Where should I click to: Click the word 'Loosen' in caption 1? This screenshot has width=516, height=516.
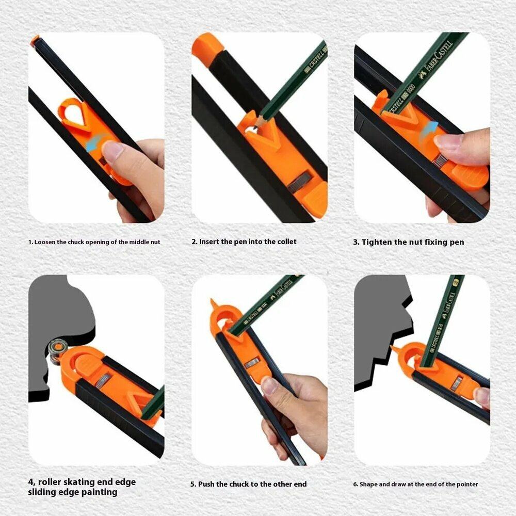45,242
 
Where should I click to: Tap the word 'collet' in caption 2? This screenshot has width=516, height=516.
286,241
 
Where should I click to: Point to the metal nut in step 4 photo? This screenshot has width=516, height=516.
105,380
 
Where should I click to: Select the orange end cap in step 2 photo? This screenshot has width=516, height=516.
207,48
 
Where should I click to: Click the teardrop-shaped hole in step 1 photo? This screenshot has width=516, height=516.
75,116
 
